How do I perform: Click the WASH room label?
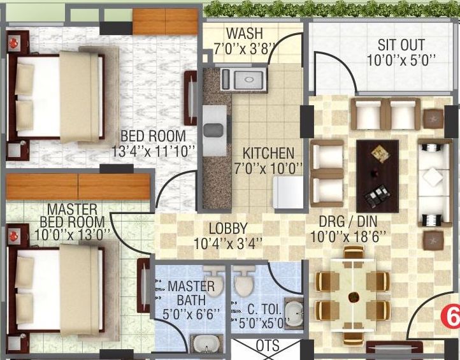245,33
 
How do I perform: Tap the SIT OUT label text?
401,45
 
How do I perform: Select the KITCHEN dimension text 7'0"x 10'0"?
268,169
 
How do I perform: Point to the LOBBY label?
228,229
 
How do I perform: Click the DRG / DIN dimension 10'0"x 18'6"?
348,237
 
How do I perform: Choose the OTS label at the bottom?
267,345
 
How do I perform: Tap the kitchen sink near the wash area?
244,80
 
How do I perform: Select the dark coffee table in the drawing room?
377,176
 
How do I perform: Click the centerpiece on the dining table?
354,297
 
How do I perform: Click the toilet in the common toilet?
243,281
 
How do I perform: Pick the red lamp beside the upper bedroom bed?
13,43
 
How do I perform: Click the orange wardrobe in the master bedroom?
78,186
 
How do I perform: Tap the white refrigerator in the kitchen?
288,192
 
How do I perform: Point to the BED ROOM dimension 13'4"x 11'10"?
153,151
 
